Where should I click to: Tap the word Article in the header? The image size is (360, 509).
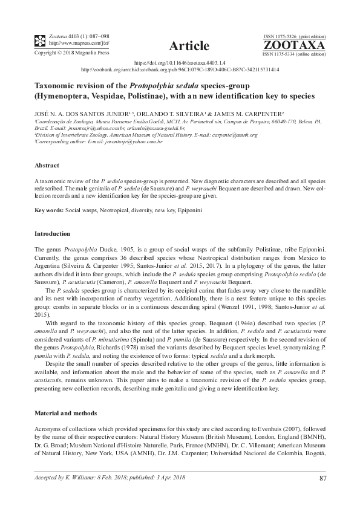(x=189, y=46)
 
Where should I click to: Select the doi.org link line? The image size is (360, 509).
(x=179, y=62)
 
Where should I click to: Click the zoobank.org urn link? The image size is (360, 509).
(x=180, y=70)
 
